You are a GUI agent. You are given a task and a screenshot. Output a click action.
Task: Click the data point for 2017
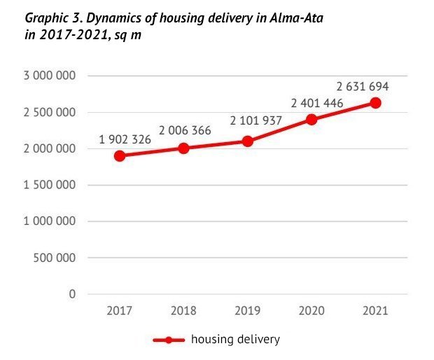[x=120, y=155]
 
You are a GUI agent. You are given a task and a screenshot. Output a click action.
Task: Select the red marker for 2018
[x=183, y=148]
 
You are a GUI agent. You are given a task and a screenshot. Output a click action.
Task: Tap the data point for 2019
[x=247, y=141]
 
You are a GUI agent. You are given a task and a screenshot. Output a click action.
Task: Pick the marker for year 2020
[x=311, y=119]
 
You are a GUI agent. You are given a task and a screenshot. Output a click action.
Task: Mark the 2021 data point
[x=375, y=102]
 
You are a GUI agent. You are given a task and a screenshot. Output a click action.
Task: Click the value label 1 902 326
[x=125, y=139]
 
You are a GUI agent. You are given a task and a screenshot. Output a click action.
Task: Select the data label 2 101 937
[x=255, y=121]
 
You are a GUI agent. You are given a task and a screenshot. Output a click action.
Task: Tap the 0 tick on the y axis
[x=72, y=294]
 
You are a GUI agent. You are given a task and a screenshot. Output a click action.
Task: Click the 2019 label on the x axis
[x=247, y=310]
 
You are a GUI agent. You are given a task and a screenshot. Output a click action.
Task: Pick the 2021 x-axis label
[x=375, y=310]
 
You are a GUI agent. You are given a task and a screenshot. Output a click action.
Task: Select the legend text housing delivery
[x=235, y=340]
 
